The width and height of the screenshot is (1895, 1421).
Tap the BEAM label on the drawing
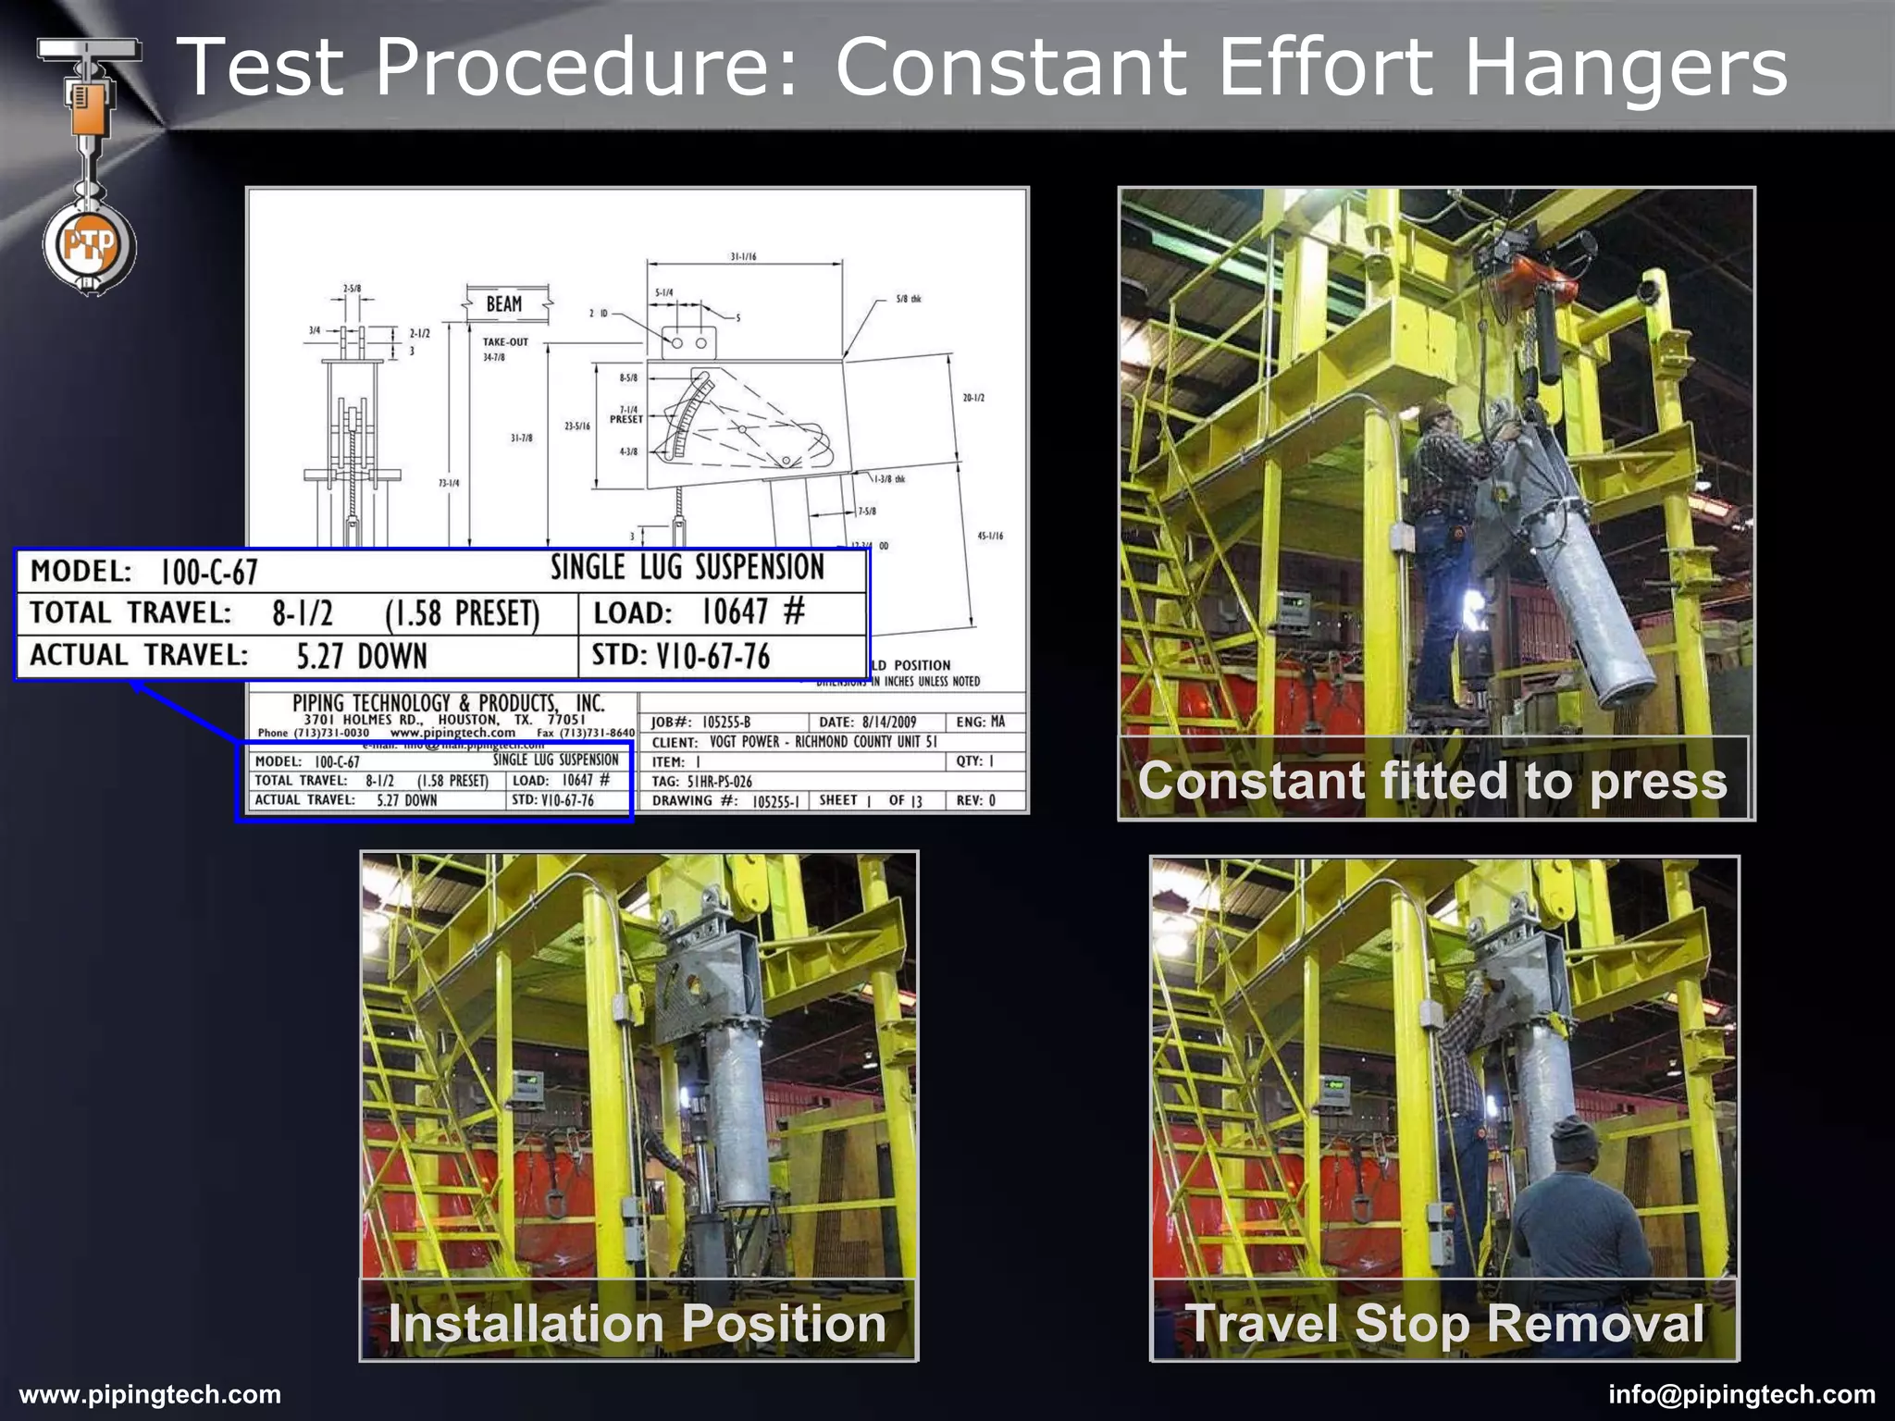(504, 304)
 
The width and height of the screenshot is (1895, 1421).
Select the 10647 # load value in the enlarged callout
(752, 612)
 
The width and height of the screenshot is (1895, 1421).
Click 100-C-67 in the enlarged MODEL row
(209, 572)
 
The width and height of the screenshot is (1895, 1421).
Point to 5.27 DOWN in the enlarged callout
(362, 656)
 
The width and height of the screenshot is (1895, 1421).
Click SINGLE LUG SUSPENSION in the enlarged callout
(687, 567)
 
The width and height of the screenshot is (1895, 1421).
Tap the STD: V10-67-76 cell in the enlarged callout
(681, 656)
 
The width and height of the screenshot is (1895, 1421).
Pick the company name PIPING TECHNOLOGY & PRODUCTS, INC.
(448, 703)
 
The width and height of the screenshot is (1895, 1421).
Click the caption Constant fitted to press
(1432, 780)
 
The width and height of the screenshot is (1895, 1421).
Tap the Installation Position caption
(638, 1322)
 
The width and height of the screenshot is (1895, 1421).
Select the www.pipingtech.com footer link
(150, 1394)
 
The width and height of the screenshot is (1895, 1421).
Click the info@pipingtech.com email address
(1741, 1394)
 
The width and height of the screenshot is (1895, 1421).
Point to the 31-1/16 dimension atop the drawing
(743, 256)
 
